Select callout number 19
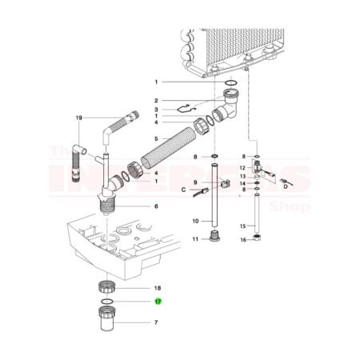coord(79,118)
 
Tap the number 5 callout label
coord(158,139)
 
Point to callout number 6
coord(157,206)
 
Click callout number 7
coord(157,323)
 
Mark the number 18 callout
coord(157,286)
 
